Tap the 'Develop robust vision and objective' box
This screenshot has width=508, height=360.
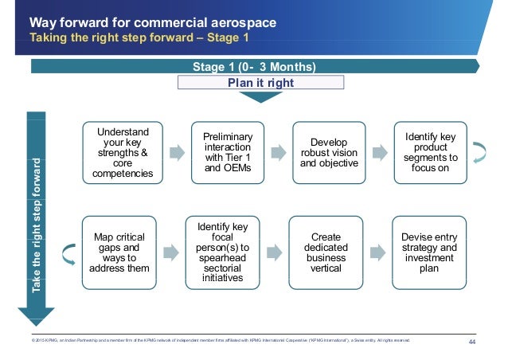[329, 151]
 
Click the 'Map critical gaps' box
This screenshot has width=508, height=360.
[118, 252]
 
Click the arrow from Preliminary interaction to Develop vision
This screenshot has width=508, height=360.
[277, 152]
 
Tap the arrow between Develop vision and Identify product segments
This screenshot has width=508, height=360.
[379, 152]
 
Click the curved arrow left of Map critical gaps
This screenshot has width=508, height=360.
[69, 253]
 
